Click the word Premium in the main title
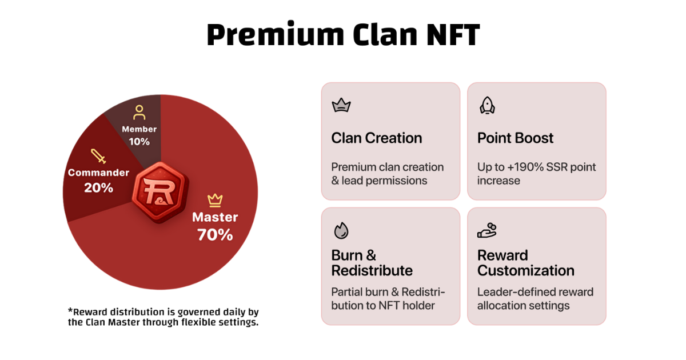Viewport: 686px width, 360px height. [276, 35]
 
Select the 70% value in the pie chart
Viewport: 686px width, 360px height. [215, 235]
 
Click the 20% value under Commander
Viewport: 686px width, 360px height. [98, 187]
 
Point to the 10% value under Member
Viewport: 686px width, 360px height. [139, 142]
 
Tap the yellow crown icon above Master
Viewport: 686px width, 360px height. [215, 200]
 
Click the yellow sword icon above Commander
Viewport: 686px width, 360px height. [98, 156]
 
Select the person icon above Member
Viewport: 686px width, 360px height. [139, 113]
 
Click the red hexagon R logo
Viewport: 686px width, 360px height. [160, 192]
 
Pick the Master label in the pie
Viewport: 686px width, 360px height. [215, 217]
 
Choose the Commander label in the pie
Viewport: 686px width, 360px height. [98, 173]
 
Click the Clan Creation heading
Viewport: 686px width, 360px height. [377, 138]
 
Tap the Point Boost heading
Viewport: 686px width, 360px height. [516, 138]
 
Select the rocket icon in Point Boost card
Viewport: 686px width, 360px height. [487, 106]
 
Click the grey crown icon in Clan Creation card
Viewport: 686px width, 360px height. [341, 105]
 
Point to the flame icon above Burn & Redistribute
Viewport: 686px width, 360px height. [341, 230]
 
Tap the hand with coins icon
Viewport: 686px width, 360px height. [487, 230]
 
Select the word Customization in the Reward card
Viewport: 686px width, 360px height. [526, 271]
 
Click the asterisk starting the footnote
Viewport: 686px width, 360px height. [70, 311]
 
